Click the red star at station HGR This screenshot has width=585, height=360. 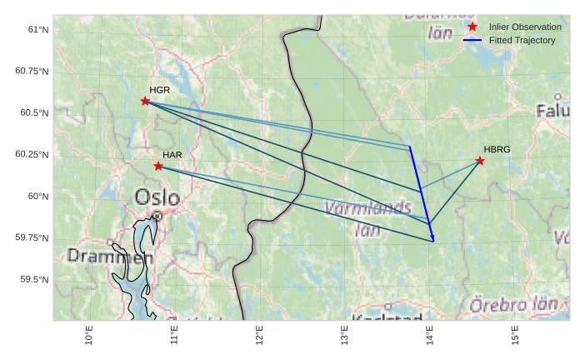click(145, 101)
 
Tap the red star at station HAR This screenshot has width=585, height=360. click(158, 166)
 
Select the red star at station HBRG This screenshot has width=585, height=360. click(480, 160)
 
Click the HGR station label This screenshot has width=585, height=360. click(159, 89)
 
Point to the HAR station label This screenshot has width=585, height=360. click(172, 155)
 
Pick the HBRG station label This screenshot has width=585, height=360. click(497, 149)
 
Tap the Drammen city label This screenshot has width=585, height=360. click(98, 256)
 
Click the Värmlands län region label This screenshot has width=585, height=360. click(367, 217)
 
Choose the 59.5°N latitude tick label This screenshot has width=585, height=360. click(34, 279)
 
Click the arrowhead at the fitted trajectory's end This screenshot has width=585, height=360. click(433, 240)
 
